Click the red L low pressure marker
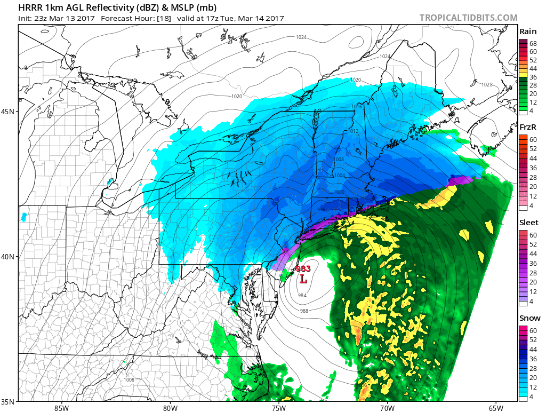pos(303,279)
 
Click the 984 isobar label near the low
pos(302,295)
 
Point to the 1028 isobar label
pos(486,85)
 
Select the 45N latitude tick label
pos(9,112)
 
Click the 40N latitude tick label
pos(9,257)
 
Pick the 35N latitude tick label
pos(9,401)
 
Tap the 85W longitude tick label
pos(61,408)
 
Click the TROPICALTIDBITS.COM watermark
pos(468,18)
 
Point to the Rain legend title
pos(528,32)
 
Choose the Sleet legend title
pos(529,223)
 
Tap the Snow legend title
pos(529,318)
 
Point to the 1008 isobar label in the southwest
pos(129,380)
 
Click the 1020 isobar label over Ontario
pos(237,97)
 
